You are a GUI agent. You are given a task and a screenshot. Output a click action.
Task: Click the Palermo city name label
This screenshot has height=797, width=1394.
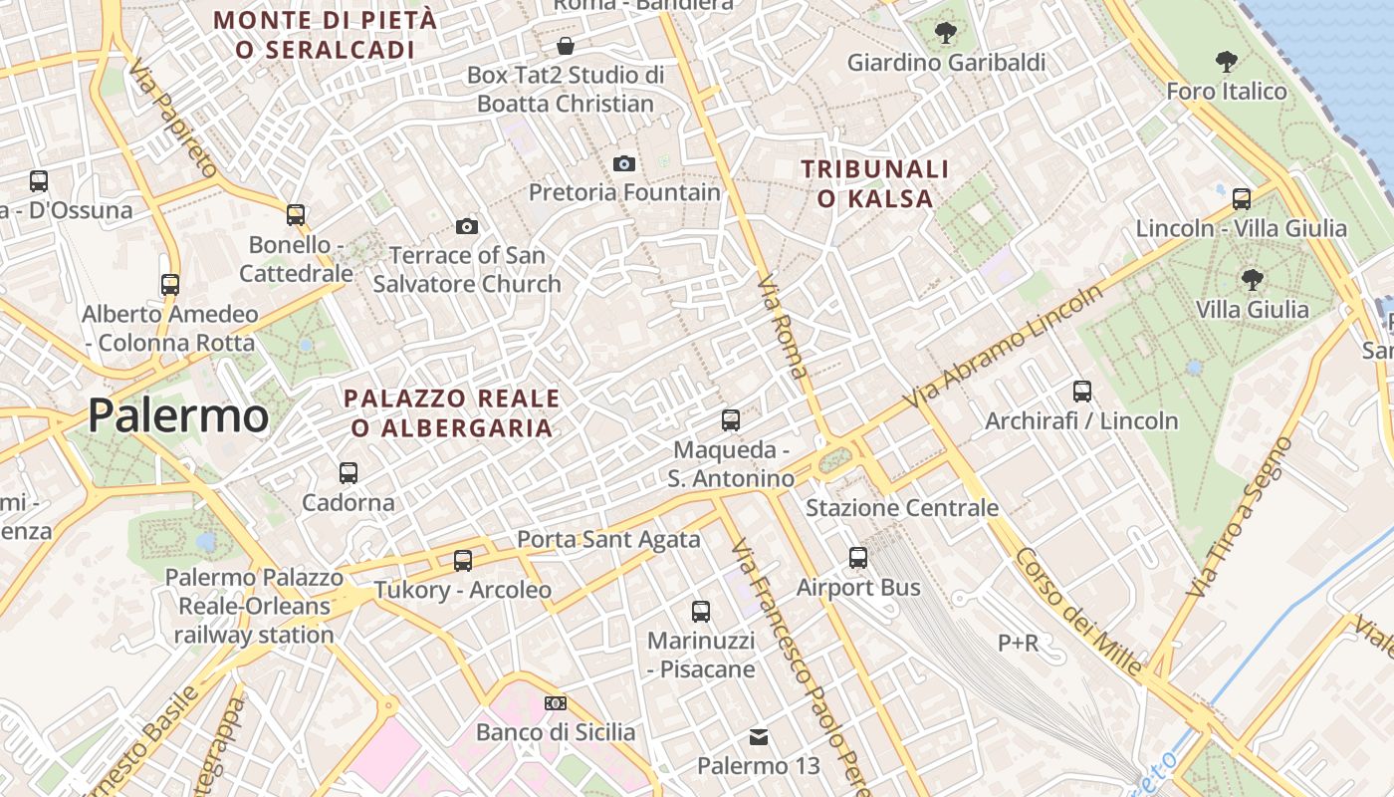[x=178, y=415]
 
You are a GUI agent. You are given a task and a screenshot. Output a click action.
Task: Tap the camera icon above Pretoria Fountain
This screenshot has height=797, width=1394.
[x=624, y=163]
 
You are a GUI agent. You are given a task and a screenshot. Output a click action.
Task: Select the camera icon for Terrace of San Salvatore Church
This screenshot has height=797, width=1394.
[x=466, y=227]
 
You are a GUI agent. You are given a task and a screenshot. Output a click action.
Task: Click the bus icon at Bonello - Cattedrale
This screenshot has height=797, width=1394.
[x=296, y=214]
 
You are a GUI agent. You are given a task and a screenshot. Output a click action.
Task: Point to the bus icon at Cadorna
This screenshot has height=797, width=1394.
[x=348, y=473]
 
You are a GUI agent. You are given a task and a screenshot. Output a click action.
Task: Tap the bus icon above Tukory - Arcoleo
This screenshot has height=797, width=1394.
[x=463, y=560]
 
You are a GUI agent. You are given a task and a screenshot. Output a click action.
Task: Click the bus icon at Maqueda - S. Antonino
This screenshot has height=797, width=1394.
[x=731, y=420]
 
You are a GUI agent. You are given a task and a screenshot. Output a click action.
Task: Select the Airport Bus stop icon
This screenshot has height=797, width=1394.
[x=858, y=558]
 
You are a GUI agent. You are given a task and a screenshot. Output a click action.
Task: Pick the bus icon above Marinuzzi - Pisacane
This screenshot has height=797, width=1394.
[x=701, y=611]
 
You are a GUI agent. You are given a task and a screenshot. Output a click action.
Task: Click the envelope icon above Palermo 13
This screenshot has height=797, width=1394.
[x=759, y=737]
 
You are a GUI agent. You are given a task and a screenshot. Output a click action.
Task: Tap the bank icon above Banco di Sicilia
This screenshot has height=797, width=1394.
[x=556, y=703]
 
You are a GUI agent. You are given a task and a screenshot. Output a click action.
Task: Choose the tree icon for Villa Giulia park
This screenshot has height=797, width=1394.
[x=1252, y=280]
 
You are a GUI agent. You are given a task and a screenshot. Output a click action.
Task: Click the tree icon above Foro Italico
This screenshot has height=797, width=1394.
[x=1227, y=62]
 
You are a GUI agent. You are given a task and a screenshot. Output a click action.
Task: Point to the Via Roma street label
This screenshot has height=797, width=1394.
[x=783, y=327]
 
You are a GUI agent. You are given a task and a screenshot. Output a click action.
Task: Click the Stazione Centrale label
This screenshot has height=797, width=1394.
[x=901, y=508]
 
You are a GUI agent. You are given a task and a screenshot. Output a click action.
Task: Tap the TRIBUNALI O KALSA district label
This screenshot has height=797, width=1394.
[x=875, y=183]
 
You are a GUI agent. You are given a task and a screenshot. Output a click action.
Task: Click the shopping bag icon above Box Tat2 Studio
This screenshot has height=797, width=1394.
[x=566, y=46]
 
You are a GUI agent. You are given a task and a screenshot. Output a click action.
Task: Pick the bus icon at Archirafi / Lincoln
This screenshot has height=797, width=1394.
[x=1082, y=392]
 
